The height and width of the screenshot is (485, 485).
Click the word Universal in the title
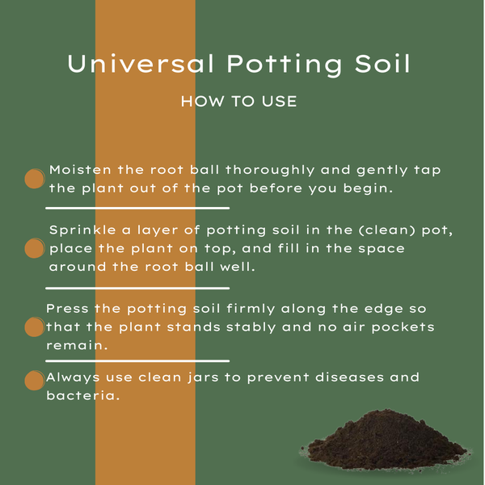141,64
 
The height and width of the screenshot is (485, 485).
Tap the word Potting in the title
285,65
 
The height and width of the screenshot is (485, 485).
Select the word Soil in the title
382,64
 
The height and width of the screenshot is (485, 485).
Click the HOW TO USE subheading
238,102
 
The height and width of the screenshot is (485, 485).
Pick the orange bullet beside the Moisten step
35,179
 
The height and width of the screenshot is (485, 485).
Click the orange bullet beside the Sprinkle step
35,248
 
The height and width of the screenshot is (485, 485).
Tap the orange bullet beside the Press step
35,327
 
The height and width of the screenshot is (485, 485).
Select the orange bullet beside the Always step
35,381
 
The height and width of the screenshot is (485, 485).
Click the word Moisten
80,170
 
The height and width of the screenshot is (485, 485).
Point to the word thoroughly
270,171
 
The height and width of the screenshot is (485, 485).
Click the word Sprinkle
82,230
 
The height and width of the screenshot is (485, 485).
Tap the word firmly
251,310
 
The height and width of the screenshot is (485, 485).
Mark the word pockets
403,327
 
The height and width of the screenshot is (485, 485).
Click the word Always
73,378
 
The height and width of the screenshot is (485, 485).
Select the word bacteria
83,395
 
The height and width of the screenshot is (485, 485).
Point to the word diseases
349,377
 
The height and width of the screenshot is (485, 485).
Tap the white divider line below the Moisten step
137,209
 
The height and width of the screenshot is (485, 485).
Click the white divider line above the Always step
137,361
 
